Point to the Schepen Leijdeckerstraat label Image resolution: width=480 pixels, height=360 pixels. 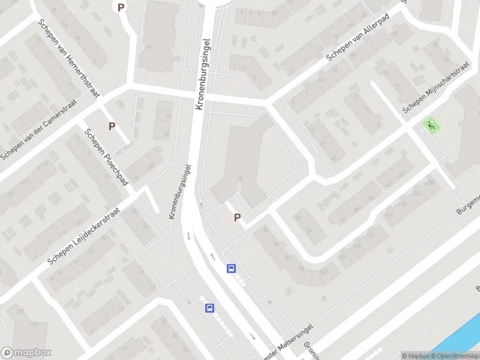pos(84,236)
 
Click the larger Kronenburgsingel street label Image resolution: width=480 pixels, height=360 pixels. pos(205,74)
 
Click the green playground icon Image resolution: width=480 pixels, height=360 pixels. pos(431,125)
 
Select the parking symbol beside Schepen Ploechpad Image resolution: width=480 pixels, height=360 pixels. pos(112,126)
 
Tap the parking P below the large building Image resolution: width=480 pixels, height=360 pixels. pos(237,218)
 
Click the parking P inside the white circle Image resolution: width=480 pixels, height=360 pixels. pos(121,7)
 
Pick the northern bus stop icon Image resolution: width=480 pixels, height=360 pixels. pos(231,269)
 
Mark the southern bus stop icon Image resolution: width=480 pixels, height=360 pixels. pos(209,308)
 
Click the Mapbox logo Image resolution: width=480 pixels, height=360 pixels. pos(26,353)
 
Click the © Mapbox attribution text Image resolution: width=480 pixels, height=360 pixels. pos(415,356)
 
